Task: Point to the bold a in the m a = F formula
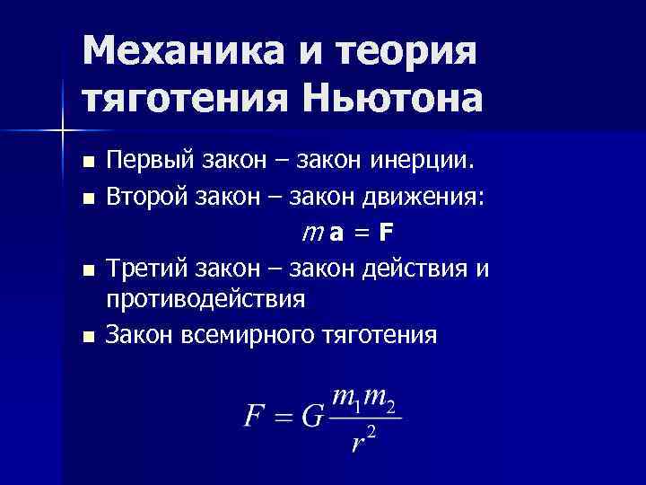[335, 234]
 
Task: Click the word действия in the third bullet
[421, 268]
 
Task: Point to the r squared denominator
[362, 440]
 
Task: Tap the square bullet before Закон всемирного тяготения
[87, 337]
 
